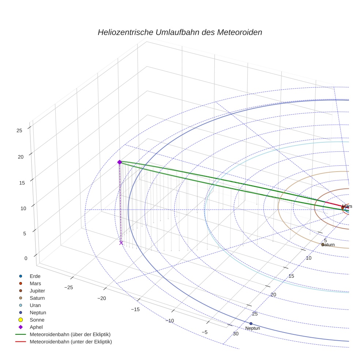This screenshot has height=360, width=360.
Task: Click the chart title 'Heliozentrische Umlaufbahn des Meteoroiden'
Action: point(180,32)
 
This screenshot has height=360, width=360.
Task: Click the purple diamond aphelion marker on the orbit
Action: point(119,162)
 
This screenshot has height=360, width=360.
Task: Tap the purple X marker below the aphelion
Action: point(121,243)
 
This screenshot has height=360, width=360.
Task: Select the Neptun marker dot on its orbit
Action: point(251,323)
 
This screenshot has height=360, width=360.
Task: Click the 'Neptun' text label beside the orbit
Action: point(252,329)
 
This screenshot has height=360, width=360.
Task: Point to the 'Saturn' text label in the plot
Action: point(328,244)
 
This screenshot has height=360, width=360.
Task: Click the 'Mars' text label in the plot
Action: point(347,206)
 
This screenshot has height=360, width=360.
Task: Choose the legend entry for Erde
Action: point(35,276)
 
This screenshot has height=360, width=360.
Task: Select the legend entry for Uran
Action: point(35,305)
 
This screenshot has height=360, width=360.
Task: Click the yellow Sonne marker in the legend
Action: point(21,320)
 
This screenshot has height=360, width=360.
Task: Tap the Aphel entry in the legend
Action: point(37,327)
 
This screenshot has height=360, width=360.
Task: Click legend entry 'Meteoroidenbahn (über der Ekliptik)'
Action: point(70,334)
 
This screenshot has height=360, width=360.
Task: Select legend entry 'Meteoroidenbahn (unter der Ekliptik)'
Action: point(71,342)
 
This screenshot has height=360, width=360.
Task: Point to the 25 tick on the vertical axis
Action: point(19,130)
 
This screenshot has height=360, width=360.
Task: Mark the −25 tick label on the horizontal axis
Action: point(68,288)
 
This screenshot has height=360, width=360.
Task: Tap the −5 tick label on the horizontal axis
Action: point(205,332)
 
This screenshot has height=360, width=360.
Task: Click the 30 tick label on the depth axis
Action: point(236,334)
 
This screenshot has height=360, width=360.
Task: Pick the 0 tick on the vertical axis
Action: point(26,258)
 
